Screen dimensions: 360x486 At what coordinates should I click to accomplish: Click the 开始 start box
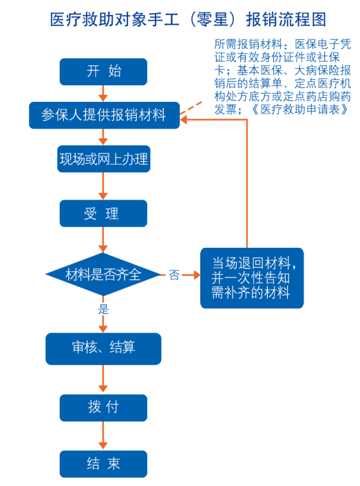(103, 72)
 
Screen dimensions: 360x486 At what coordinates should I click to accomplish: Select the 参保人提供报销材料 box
(105, 115)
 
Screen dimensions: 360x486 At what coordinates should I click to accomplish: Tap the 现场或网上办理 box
(104, 159)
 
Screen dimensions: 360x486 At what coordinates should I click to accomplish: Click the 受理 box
(103, 213)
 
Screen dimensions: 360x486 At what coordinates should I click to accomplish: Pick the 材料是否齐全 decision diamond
(103, 274)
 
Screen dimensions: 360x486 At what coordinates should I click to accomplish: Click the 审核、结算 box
(103, 349)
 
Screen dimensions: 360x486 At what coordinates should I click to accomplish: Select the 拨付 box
(103, 408)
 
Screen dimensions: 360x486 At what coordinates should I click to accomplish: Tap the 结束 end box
(103, 464)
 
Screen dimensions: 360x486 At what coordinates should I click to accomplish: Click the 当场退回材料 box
(252, 278)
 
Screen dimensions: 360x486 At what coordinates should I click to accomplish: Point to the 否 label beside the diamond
(174, 275)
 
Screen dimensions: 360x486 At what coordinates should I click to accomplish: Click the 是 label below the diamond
(103, 309)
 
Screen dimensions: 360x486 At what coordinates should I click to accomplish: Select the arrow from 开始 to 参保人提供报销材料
(103, 94)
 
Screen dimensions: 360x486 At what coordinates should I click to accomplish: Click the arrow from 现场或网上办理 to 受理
(103, 186)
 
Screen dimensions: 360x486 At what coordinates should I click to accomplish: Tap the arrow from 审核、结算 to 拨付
(103, 379)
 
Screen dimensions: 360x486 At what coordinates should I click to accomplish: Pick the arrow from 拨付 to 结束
(103, 436)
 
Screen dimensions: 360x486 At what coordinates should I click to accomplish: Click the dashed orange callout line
(191, 108)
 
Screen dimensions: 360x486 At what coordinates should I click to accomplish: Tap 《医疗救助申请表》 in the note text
(300, 109)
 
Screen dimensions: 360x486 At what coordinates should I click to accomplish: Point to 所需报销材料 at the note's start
(248, 44)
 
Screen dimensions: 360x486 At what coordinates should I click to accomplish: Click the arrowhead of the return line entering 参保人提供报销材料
(183, 120)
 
